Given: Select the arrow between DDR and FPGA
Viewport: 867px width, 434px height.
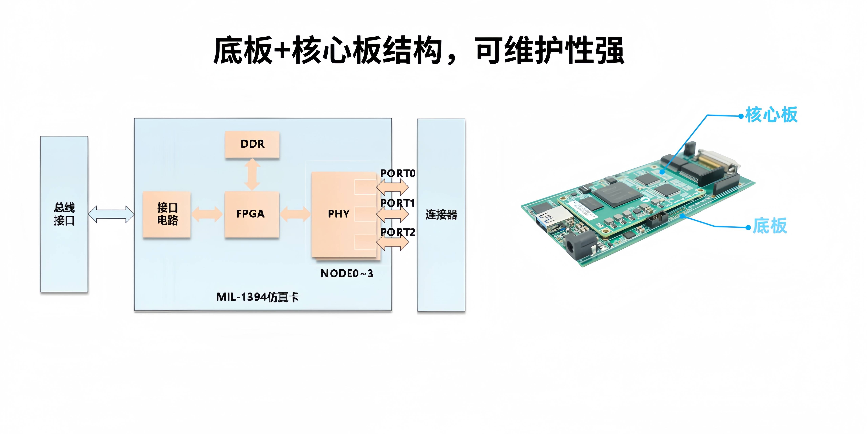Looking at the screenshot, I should pyautogui.click(x=252, y=175).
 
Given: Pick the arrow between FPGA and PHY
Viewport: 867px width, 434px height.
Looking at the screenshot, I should pyautogui.click(x=295, y=214).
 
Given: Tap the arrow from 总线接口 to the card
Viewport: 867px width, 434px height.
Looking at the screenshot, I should pyautogui.click(x=111, y=214).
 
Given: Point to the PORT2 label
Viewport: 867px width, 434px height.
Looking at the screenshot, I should pyautogui.click(x=397, y=232).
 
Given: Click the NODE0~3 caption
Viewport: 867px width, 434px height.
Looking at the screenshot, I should pyautogui.click(x=347, y=274).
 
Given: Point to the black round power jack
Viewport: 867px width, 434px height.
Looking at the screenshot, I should pyautogui.click(x=576, y=246).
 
